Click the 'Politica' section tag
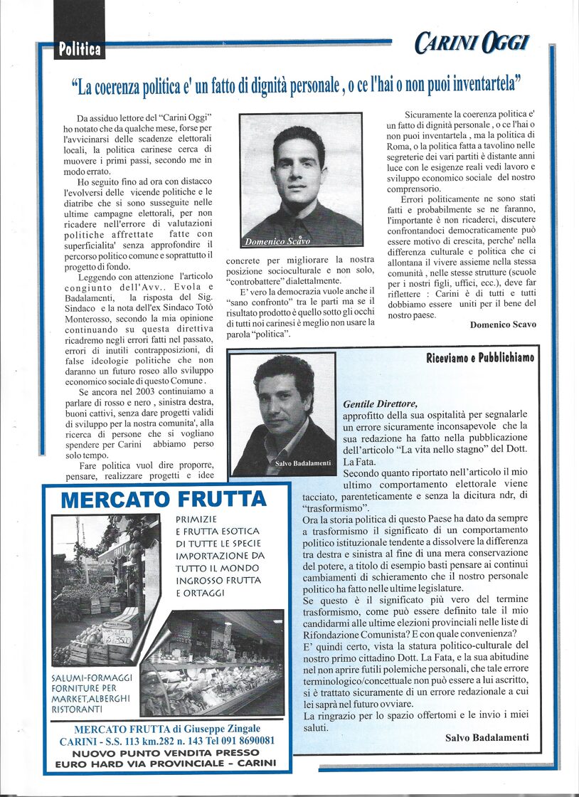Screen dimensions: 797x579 tap(80, 50)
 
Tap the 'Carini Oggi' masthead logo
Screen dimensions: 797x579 tap(472, 44)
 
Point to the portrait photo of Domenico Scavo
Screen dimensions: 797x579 tap(300, 180)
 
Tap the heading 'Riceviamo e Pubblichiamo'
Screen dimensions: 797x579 tap(480, 357)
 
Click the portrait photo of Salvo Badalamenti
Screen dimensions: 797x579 tap(283, 413)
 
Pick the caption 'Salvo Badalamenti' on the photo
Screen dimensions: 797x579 tap(303, 463)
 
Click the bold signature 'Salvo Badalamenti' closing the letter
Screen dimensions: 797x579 tap(487, 737)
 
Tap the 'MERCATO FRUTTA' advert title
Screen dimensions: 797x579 tap(164, 499)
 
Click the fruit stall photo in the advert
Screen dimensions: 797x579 tap(106, 590)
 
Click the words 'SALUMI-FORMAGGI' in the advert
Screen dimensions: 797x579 tap(90, 677)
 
